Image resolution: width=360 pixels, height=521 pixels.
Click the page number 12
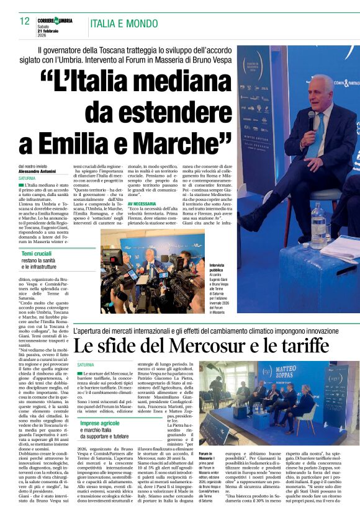(24, 21)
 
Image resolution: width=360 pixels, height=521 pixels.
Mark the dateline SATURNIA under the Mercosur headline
(86, 365)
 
